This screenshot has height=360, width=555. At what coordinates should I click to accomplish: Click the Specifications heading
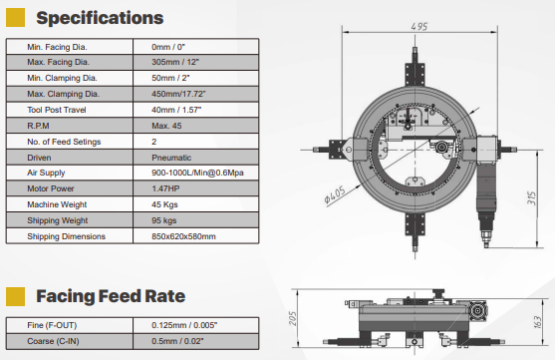[100, 18]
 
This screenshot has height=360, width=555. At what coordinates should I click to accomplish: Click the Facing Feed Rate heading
[111, 296]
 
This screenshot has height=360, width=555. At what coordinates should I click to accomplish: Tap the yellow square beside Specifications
[16, 18]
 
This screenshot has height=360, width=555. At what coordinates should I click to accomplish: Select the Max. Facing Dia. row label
[59, 62]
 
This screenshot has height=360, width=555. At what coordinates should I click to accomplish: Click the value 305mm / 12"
[175, 62]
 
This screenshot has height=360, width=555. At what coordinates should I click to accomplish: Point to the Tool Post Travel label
[57, 110]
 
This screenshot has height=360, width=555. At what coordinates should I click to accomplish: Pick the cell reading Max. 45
[166, 126]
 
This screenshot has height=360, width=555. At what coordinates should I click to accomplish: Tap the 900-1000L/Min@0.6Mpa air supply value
[197, 173]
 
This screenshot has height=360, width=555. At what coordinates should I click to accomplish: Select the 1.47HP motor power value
[165, 188]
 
